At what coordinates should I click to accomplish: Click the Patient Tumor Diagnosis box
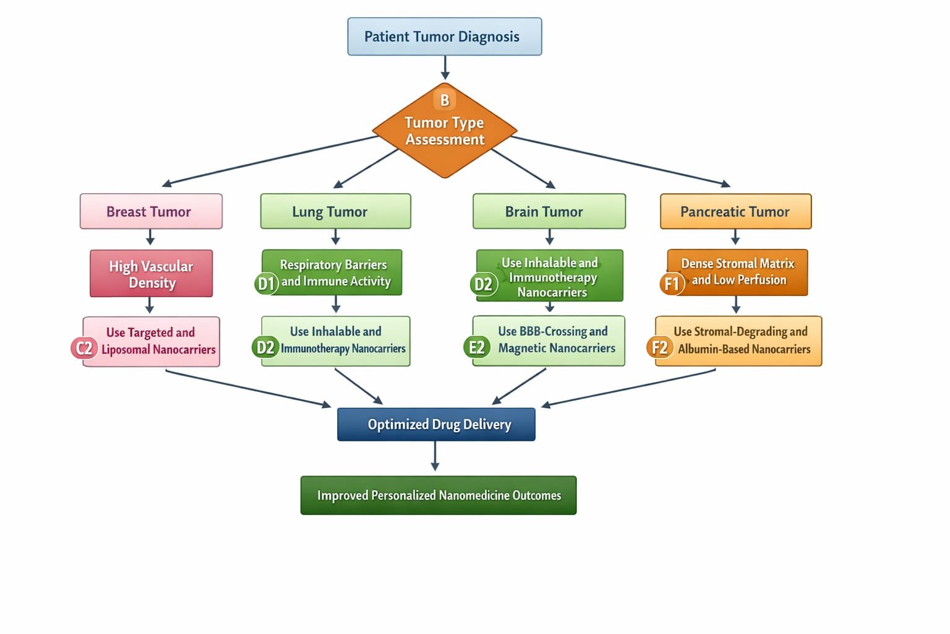tap(445, 37)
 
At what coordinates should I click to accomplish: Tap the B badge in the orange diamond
tap(445, 100)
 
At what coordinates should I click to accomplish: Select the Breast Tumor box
tap(151, 212)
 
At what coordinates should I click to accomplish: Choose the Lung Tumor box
tap(335, 212)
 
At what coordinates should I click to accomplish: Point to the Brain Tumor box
tap(549, 212)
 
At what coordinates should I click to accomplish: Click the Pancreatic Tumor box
tap(736, 212)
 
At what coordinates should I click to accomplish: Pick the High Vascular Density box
tap(151, 274)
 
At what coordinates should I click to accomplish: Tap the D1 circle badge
tap(266, 283)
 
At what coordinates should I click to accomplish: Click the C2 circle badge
tap(84, 348)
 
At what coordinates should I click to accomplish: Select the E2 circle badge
tap(477, 347)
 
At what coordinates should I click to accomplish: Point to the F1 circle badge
tap(672, 283)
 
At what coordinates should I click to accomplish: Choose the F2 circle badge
tap(659, 347)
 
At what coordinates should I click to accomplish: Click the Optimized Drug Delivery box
tap(436, 424)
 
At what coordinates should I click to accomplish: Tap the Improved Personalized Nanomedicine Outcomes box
tap(439, 495)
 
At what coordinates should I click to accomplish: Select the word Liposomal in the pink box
tap(126, 349)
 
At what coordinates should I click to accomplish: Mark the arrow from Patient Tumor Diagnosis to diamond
tap(445, 67)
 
